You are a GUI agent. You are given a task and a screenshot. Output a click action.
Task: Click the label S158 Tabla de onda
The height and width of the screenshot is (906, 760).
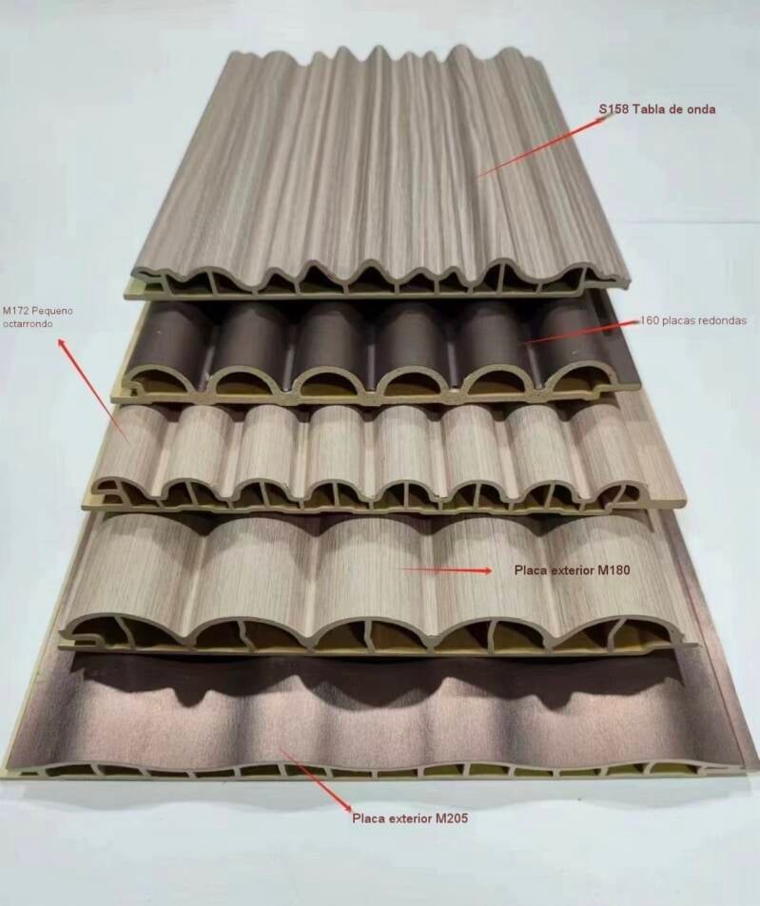[656, 109]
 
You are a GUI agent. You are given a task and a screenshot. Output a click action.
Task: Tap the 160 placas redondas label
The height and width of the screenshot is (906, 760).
[693, 320]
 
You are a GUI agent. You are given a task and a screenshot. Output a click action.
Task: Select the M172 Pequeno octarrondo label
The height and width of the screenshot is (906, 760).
[38, 318]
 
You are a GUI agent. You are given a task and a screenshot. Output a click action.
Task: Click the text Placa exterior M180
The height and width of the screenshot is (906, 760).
[573, 570]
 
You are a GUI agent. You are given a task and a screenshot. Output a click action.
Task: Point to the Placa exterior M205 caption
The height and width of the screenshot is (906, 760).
[410, 819]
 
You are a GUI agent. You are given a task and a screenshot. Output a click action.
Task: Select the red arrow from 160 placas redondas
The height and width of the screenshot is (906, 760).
[581, 332]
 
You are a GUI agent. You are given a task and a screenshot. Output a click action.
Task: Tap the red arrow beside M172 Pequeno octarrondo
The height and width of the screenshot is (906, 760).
[93, 391]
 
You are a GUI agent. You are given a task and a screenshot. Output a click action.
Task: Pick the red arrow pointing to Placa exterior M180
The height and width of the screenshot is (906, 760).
[446, 570]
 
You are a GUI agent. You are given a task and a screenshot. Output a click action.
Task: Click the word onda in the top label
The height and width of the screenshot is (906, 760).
[700, 109]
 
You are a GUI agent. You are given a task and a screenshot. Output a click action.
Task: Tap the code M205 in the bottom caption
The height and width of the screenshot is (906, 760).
[452, 819]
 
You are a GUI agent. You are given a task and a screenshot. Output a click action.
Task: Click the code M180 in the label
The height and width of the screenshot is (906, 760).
[614, 570]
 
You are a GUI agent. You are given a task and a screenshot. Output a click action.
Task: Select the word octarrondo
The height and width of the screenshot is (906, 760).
[28, 324]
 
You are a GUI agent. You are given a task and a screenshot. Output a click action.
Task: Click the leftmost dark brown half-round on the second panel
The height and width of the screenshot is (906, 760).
[167, 347]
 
